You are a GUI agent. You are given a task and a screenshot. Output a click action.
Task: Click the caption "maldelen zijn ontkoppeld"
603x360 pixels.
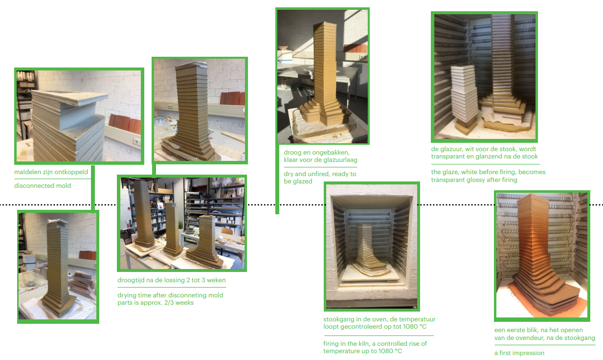51,172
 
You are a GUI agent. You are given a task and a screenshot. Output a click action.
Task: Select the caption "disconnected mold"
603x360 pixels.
43,185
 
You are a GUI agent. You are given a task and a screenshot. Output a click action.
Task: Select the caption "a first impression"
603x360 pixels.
519,353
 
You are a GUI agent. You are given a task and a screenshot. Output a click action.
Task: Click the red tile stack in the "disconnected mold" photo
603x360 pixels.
125,123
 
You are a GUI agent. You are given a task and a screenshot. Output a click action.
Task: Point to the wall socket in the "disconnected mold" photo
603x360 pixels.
137,141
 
